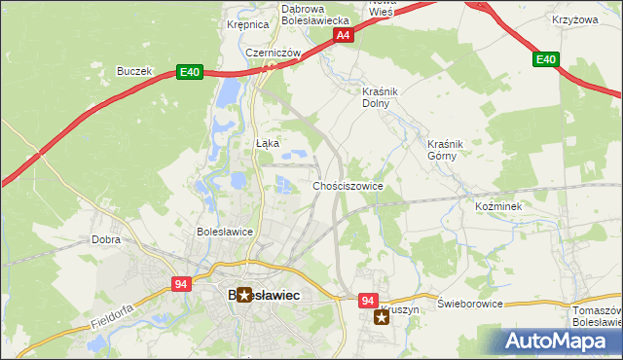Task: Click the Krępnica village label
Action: pyautogui.click(x=246, y=25)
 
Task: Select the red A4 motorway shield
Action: pyautogui.click(x=343, y=35)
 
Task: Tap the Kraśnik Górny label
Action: pyautogui.click(x=447, y=149)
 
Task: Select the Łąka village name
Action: pyautogui.click(x=268, y=143)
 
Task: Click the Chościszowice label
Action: pyautogui.click(x=348, y=185)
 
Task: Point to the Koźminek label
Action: pyautogui.click(x=499, y=207)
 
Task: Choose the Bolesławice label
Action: pyautogui.click(x=225, y=232)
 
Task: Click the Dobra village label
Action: pyautogui.click(x=105, y=238)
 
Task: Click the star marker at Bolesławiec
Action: pyautogui.click(x=244, y=294)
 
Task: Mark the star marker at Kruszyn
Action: pyautogui.click(x=382, y=317)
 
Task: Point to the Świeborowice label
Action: pyautogui.click(x=470, y=304)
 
